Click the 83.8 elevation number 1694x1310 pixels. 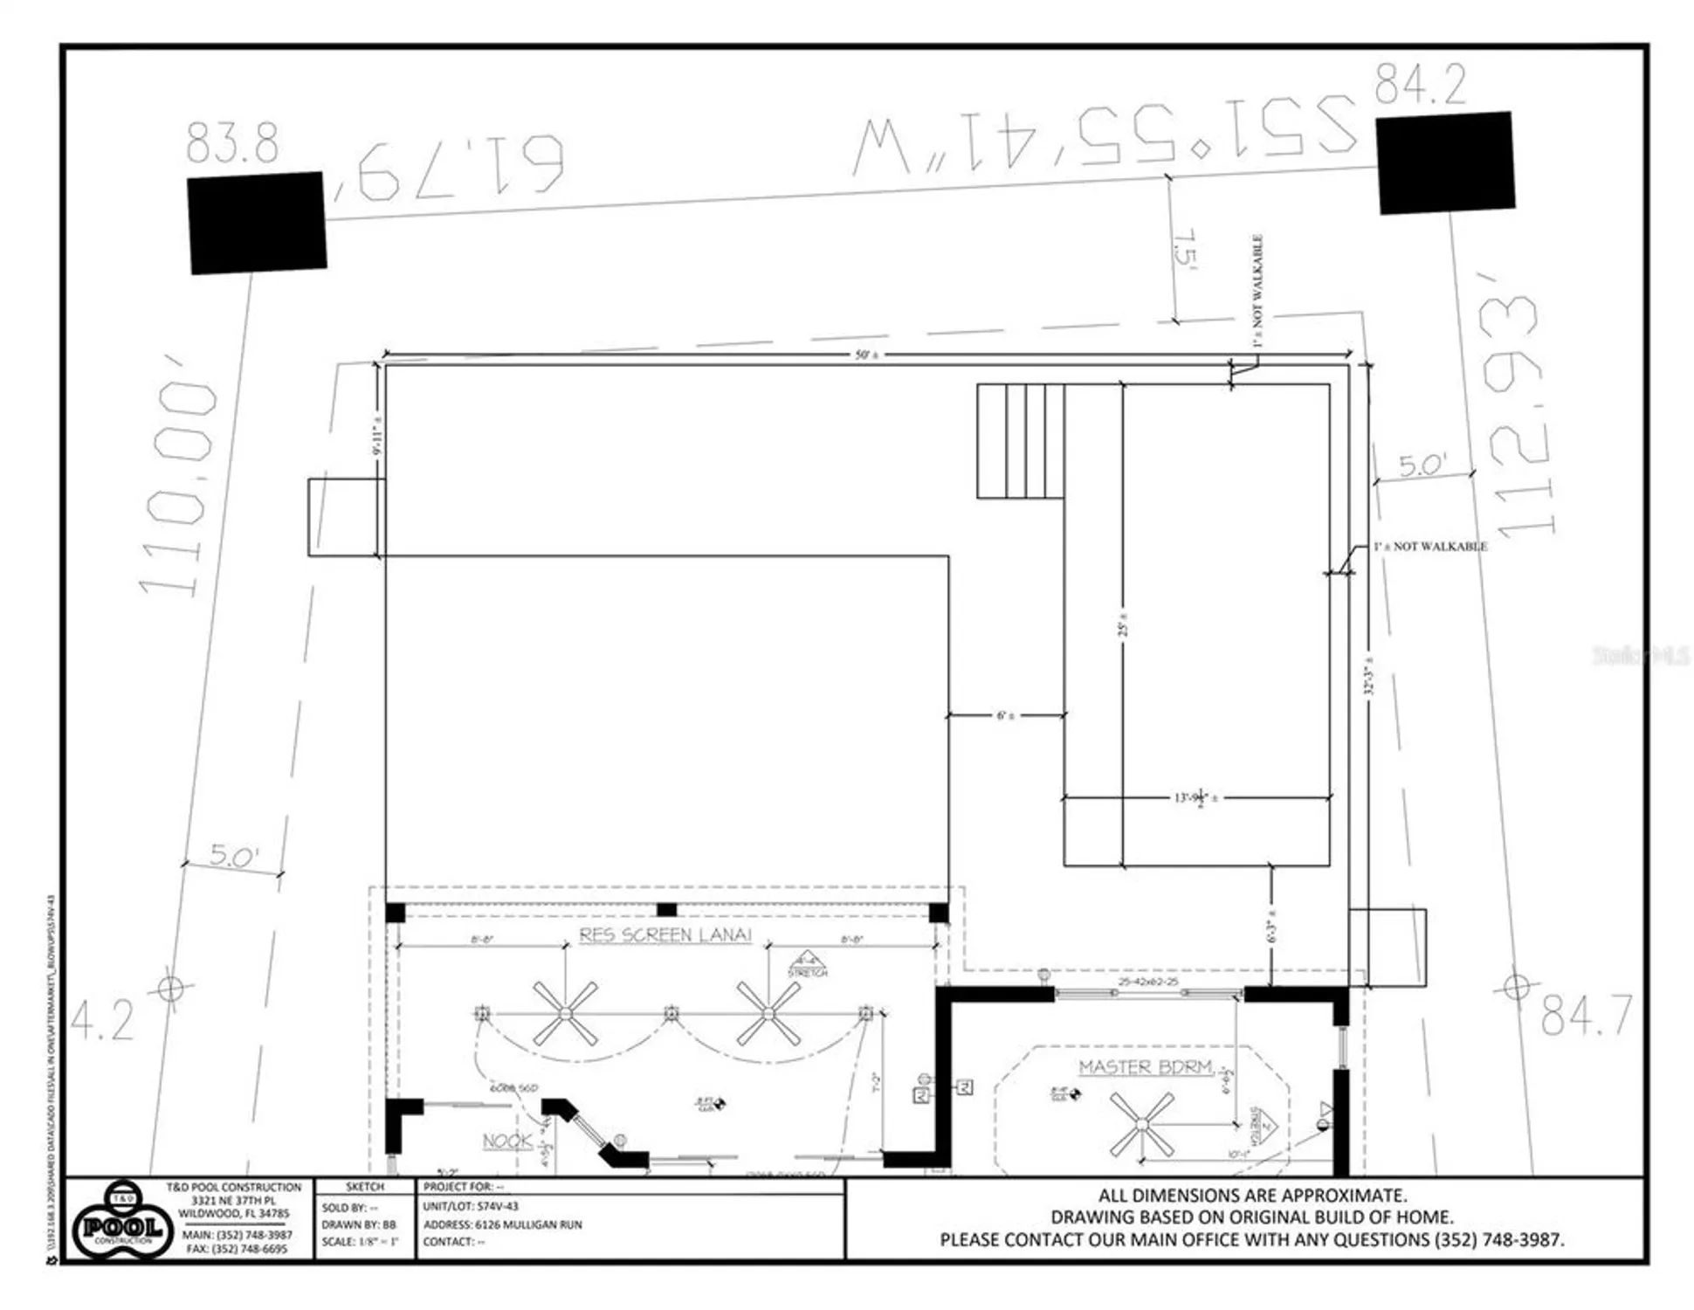click(x=232, y=144)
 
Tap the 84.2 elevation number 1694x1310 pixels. click(x=1421, y=85)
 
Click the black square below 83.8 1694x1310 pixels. click(x=257, y=223)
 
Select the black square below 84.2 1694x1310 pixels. click(x=1445, y=163)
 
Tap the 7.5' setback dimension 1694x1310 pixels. click(x=1185, y=249)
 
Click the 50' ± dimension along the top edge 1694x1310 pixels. click(x=866, y=355)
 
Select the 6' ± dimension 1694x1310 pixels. click(x=1005, y=715)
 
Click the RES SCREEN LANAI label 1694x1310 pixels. click(x=665, y=935)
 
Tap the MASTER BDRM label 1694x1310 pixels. click(x=1146, y=1067)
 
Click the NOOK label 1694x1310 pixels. click(x=507, y=1141)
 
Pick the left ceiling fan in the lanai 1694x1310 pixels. click(x=565, y=1013)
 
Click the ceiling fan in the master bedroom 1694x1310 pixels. click(x=1141, y=1126)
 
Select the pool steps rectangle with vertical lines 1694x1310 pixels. click(x=1020, y=441)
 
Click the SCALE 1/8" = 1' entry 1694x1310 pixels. click(x=360, y=1242)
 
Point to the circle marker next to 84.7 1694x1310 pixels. click(x=1517, y=988)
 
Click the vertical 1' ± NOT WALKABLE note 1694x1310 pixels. click(x=1257, y=291)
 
